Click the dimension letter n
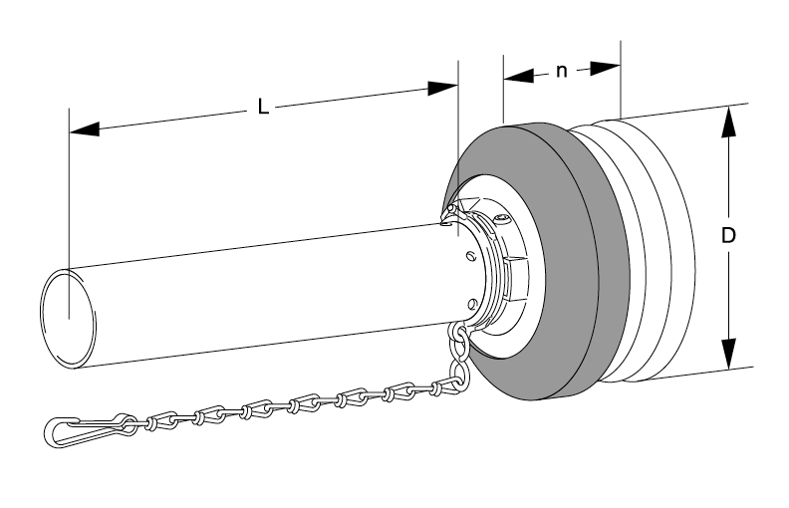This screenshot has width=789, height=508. tap(562, 72)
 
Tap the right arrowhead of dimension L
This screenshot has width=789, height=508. tap(442, 89)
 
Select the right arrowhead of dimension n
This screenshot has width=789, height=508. tap(605, 68)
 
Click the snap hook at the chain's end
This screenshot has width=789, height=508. tap(85, 429)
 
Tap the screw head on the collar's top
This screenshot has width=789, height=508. tap(505, 220)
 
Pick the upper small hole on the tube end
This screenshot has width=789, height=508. tap(468, 256)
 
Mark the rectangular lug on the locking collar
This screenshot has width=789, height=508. tap(514, 274)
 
